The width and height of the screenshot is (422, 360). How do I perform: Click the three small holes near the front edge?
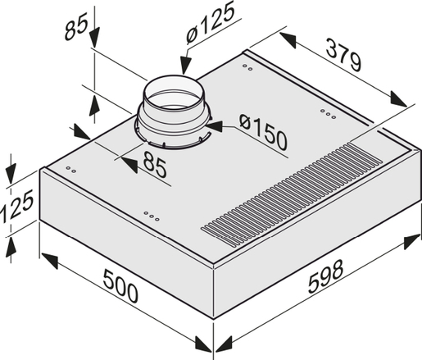click(x=151, y=216)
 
